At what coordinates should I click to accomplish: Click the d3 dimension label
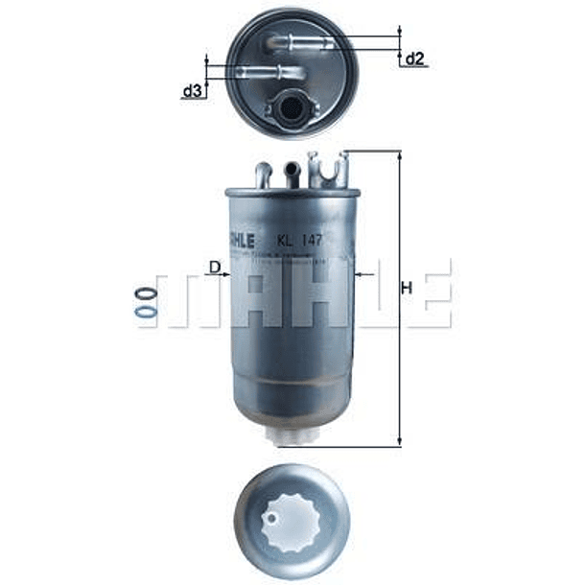(x=193, y=91)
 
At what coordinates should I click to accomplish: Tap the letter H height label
(x=407, y=288)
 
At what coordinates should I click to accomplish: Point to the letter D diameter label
(x=215, y=266)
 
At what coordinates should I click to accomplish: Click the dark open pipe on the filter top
(x=292, y=171)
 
